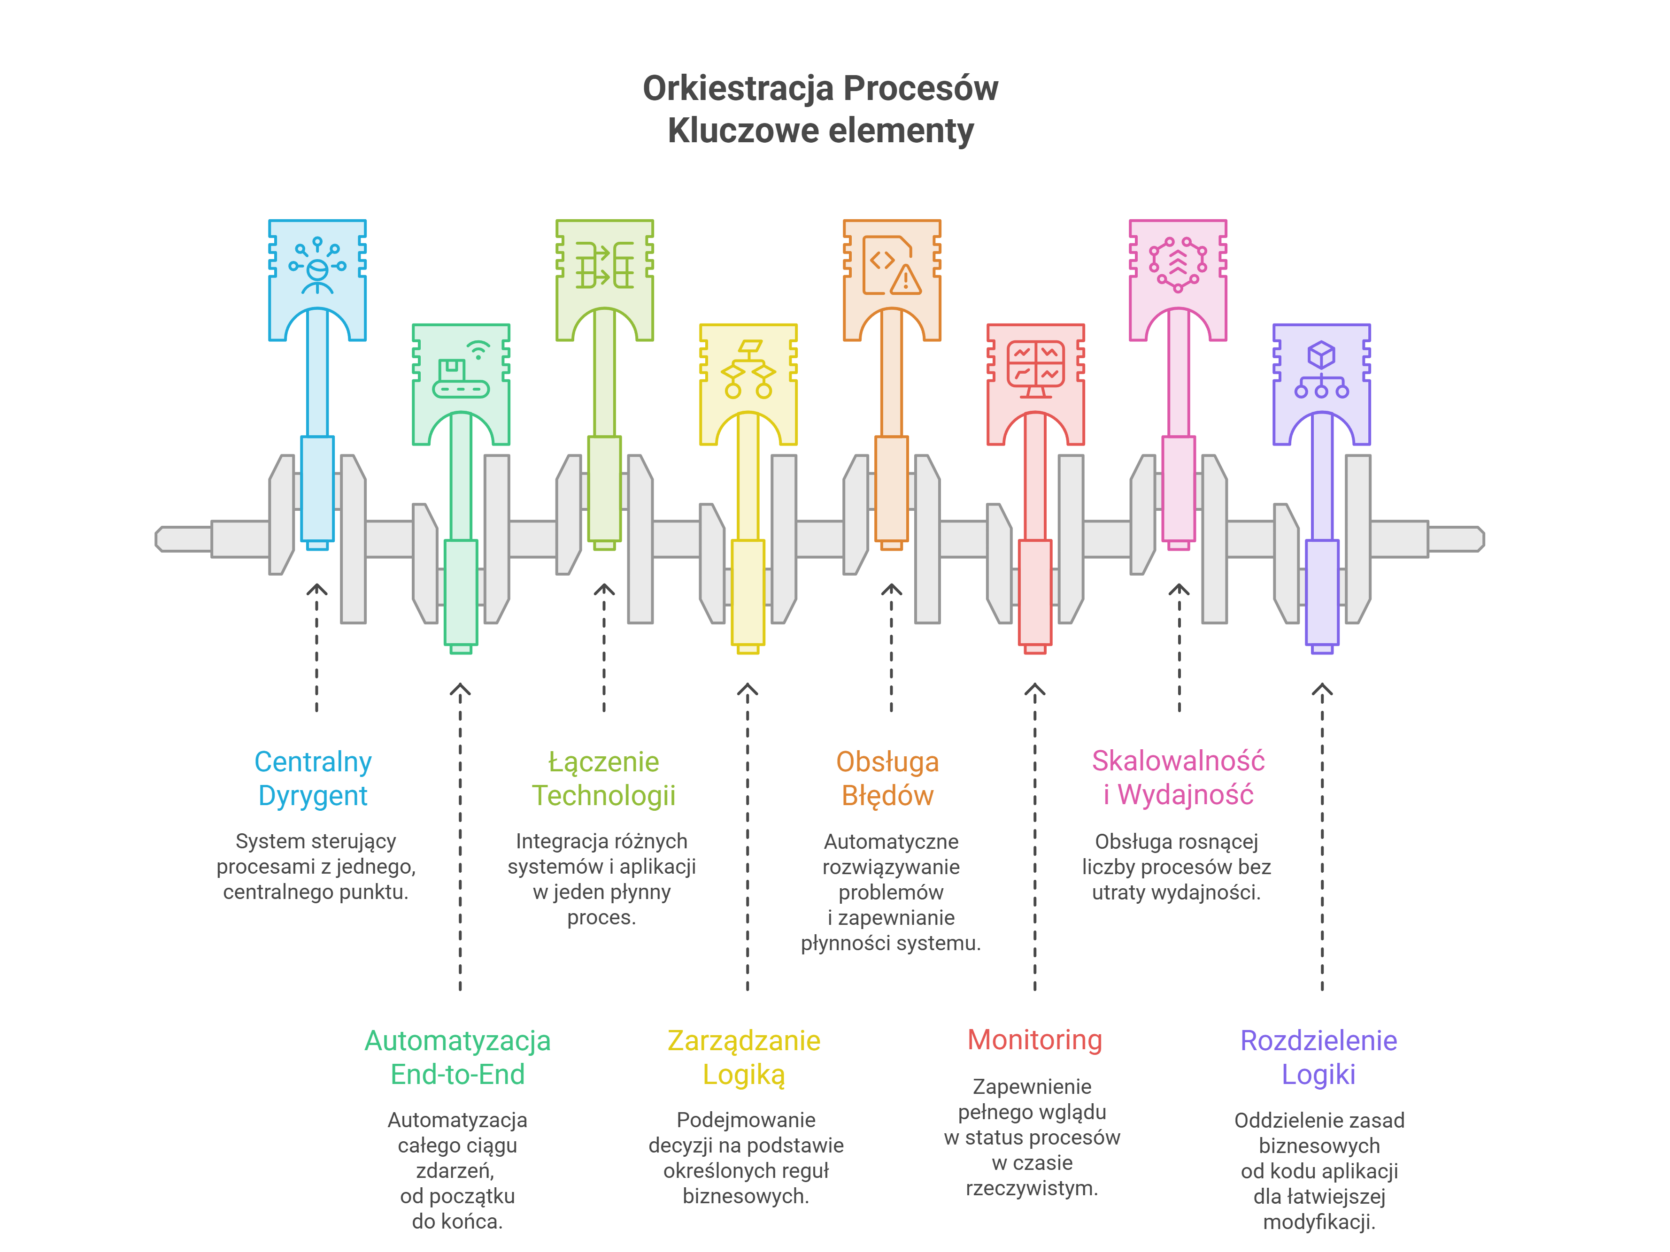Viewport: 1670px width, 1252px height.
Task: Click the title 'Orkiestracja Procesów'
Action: [820, 88]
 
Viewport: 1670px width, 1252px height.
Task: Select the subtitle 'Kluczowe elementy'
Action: [820, 130]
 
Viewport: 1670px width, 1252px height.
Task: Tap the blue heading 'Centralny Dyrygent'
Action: [313, 778]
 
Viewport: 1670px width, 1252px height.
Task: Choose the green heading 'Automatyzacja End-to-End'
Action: [457, 1057]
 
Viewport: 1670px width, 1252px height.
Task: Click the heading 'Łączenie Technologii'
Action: [603, 778]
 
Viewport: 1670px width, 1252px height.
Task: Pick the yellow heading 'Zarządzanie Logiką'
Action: [744, 1058]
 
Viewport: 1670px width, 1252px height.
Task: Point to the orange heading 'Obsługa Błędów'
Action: [887, 778]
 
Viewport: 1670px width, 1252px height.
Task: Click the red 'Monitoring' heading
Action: [1035, 1040]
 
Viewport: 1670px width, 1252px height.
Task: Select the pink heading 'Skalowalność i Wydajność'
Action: [1178, 777]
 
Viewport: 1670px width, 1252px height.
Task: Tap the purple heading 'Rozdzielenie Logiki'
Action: [1319, 1057]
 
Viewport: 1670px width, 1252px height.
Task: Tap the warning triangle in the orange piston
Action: [905, 280]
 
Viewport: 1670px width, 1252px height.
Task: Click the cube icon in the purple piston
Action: [1322, 355]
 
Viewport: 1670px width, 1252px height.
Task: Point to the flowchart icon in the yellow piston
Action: [748, 370]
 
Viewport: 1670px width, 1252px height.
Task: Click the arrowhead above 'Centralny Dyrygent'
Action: [317, 589]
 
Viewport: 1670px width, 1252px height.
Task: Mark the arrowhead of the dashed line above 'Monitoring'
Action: [1035, 690]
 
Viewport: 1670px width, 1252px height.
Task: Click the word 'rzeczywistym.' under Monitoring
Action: [1032, 1188]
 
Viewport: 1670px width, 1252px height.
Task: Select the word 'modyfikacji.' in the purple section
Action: [1319, 1222]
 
